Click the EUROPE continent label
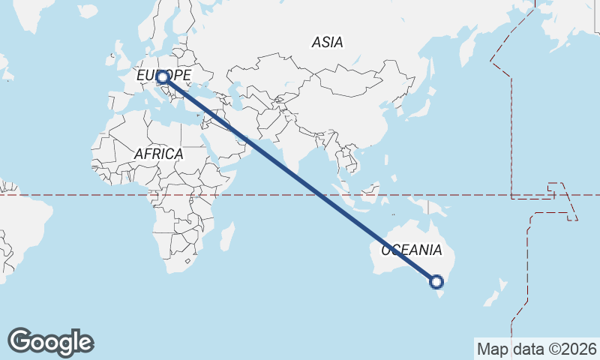pyautogui.click(x=163, y=75)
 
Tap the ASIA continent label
pyautogui.click(x=328, y=43)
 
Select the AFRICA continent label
pyautogui.click(x=158, y=154)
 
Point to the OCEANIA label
pyautogui.click(x=412, y=250)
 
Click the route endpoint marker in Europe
pyautogui.click(x=161, y=78)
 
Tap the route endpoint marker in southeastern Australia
pyautogui.click(x=436, y=282)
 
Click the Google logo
pyautogui.click(x=50, y=342)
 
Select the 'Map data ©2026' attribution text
pyautogui.click(x=537, y=349)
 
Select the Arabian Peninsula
pyautogui.click(x=225, y=142)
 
